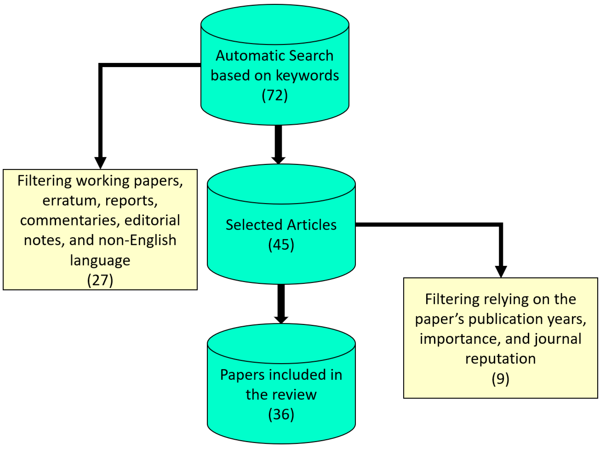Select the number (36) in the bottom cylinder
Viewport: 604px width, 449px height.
click(281, 414)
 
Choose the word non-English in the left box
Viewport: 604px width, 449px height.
click(137, 240)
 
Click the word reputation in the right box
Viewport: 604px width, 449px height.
click(500, 359)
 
